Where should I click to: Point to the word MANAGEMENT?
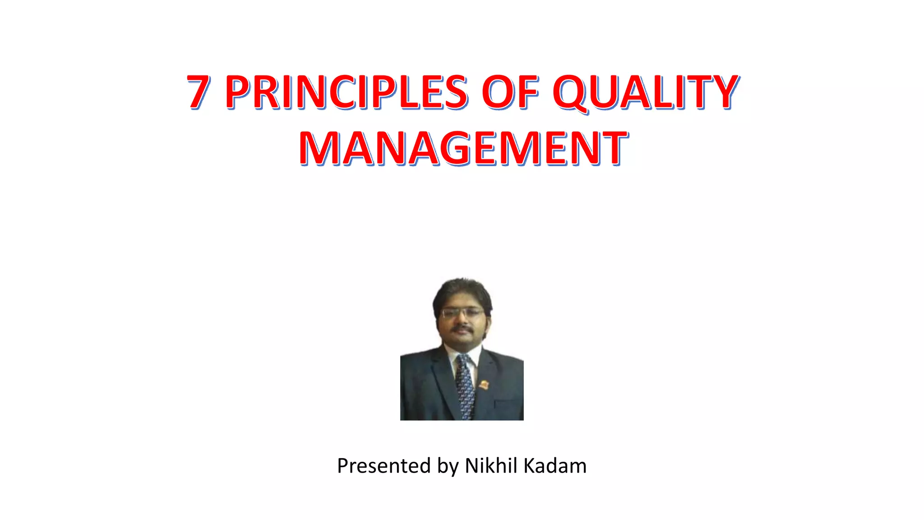pos(463,148)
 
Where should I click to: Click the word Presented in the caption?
pos(383,466)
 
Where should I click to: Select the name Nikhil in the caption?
pos(491,465)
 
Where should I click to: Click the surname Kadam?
pos(555,465)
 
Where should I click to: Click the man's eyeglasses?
pos(462,313)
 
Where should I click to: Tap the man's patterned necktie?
pos(464,384)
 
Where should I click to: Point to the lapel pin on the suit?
pos(484,385)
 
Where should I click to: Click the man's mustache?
pos(462,329)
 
